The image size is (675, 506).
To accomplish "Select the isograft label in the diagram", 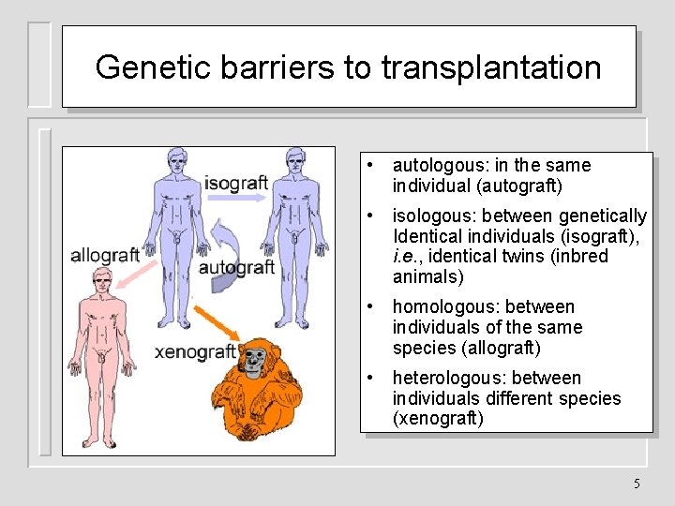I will click(236, 182).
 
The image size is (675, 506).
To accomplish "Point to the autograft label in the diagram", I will click(236, 268).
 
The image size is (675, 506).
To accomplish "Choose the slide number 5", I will click(637, 484).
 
